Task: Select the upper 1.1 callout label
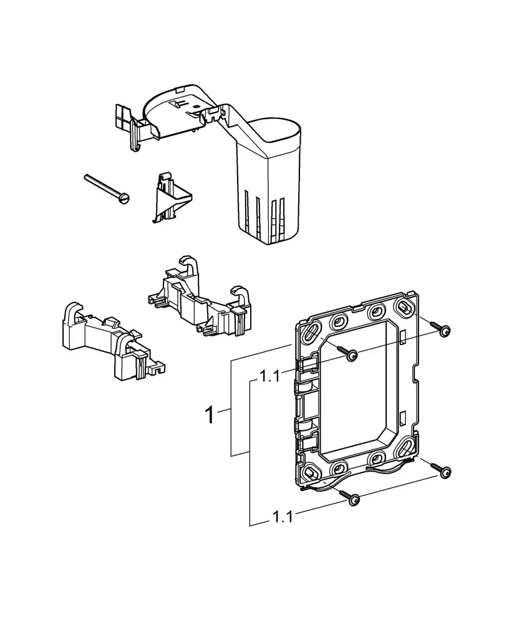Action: pyautogui.click(x=270, y=376)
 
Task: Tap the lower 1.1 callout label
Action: pyautogui.click(x=283, y=517)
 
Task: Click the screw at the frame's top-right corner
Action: pyautogui.click(x=444, y=331)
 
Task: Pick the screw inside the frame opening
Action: pyautogui.click(x=351, y=354)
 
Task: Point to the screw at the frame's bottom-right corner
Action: pyautogui.click(x=444, y=473)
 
